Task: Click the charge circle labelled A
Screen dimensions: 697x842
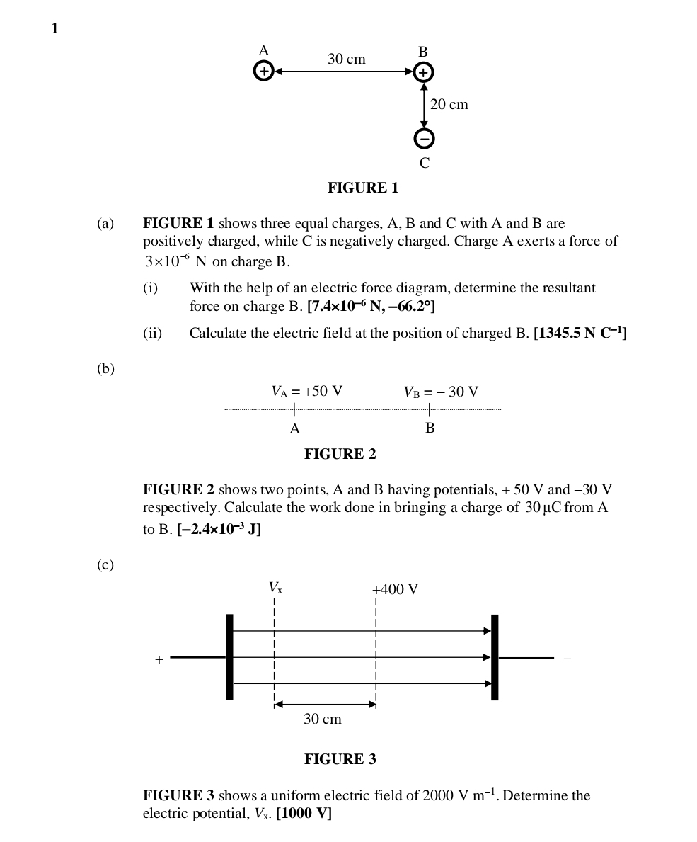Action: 263,72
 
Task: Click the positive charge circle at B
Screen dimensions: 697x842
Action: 423,72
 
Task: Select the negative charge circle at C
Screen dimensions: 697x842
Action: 424,139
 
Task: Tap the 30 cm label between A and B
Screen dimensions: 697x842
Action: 346,59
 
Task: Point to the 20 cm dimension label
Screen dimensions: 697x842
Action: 449,105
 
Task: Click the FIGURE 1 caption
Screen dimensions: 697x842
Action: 362,188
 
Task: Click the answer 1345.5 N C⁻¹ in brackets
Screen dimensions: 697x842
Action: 580,334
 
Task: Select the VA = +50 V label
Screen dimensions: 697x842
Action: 306,392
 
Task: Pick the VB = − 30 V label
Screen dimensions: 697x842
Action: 441,392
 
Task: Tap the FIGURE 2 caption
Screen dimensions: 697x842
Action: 340,454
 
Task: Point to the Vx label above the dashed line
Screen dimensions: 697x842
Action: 275,588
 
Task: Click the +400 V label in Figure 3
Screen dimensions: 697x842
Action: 395,590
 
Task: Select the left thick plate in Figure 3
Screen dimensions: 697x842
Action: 229,656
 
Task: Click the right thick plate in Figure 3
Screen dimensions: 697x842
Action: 495,656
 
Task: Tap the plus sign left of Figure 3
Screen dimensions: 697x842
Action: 159,660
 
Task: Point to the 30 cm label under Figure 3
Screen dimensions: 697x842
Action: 322,719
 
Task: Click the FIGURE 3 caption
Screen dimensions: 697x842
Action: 340,760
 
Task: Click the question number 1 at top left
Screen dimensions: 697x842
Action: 54,28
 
